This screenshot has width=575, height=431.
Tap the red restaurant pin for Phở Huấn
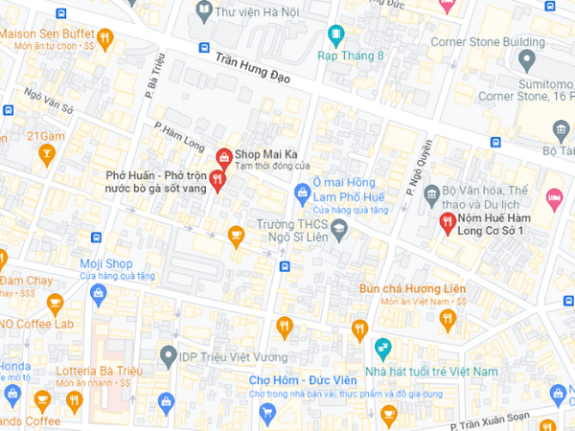(217, 179)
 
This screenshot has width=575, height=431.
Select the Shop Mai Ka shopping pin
(223, 155)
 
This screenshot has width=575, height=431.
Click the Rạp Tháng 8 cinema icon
(335, 35)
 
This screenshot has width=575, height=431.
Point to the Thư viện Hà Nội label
(255, 12)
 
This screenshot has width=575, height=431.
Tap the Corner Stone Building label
(487, 42)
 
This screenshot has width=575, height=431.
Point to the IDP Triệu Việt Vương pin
(169, 357)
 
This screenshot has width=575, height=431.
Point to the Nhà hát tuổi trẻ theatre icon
(383, 347)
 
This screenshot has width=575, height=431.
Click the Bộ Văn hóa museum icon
(431, 192)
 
